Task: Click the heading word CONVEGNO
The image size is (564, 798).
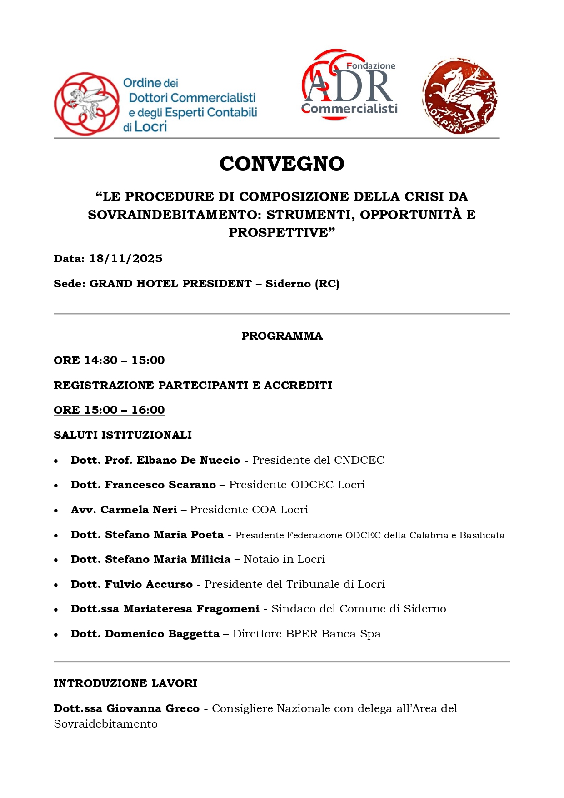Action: click(x=282, y=164)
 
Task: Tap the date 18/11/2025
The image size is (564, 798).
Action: click(x=126, y=259)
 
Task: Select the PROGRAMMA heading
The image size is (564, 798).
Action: click(x=282, y=336)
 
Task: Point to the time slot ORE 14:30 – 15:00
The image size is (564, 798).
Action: click(x=109, y=361)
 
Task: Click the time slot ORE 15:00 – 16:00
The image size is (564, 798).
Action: click(x=109, y=410)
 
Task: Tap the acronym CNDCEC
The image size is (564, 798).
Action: click(x=359, y=460)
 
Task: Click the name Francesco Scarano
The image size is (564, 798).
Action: click(x=160, y=485)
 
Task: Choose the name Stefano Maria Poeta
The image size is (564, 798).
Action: click(x=164, y=535)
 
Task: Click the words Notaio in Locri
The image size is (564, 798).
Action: click(x=284, y=559)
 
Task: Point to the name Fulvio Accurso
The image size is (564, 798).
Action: click(x=149, y=584)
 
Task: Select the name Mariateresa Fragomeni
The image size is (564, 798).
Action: click(x=191, y=609)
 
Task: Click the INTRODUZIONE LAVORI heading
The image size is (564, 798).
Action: click(x=125, y=683)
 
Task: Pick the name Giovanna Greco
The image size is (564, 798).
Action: click(x=153, y=708)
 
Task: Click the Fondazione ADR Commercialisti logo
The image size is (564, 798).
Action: click(x=349, y=85)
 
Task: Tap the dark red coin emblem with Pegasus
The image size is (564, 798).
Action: click(x=459, y=96)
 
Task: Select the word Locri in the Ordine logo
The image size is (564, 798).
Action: click(x=151, y=127)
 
